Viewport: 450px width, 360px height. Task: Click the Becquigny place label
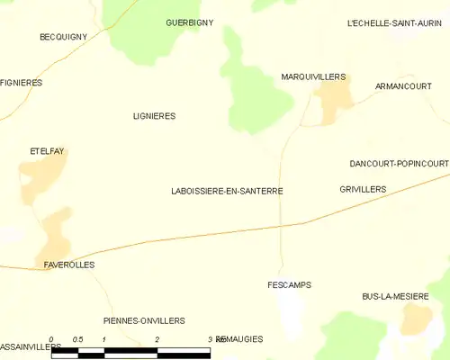[x=62, y=37]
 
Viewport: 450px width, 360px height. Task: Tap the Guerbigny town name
[x=190, y=22]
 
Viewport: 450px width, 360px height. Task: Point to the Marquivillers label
[x=313, y=77]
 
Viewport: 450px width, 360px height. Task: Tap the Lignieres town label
[x=154, y=116]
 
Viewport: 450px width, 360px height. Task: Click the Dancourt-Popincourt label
[x=399, y=164]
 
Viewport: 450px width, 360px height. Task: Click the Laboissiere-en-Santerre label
[x=227, y=192]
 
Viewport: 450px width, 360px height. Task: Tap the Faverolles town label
[x=69, y=265]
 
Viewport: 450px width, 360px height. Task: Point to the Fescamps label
[x=290, y=285]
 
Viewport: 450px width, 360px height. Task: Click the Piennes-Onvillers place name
[x=144, y=320]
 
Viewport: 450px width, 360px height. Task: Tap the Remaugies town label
[x=240, y=339]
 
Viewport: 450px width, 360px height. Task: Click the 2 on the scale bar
[x=157, y=339]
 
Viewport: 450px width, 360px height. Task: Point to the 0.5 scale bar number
[x=78, y=339]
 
